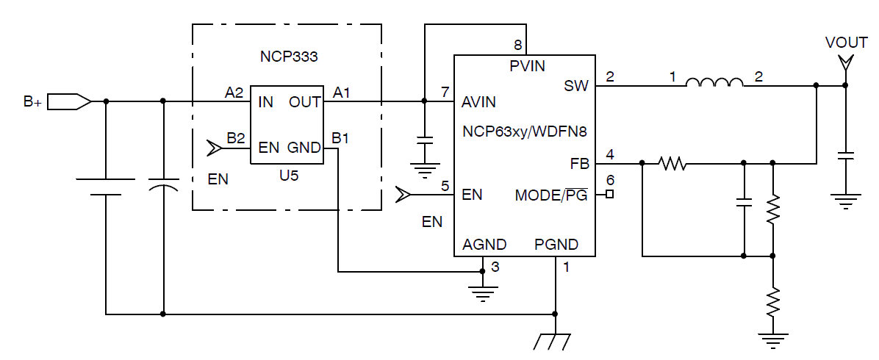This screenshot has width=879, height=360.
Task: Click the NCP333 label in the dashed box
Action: click(290, 56)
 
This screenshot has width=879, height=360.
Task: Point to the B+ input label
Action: click(32, 102)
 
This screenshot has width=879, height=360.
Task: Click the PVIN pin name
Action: click(528, 66)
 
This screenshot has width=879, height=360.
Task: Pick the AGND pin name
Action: click(484, 245)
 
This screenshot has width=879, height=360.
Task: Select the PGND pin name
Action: click(556, 245)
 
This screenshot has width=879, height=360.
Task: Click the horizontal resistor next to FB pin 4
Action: click(672, 163)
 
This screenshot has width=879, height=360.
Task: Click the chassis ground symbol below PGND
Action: click(555, 340)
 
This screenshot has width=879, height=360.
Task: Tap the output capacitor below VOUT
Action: click(846, 156)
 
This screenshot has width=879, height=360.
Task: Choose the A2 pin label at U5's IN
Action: click(234, 93)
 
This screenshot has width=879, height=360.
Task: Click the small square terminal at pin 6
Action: click(609, 195)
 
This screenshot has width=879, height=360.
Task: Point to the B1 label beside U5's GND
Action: click(340, 137)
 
